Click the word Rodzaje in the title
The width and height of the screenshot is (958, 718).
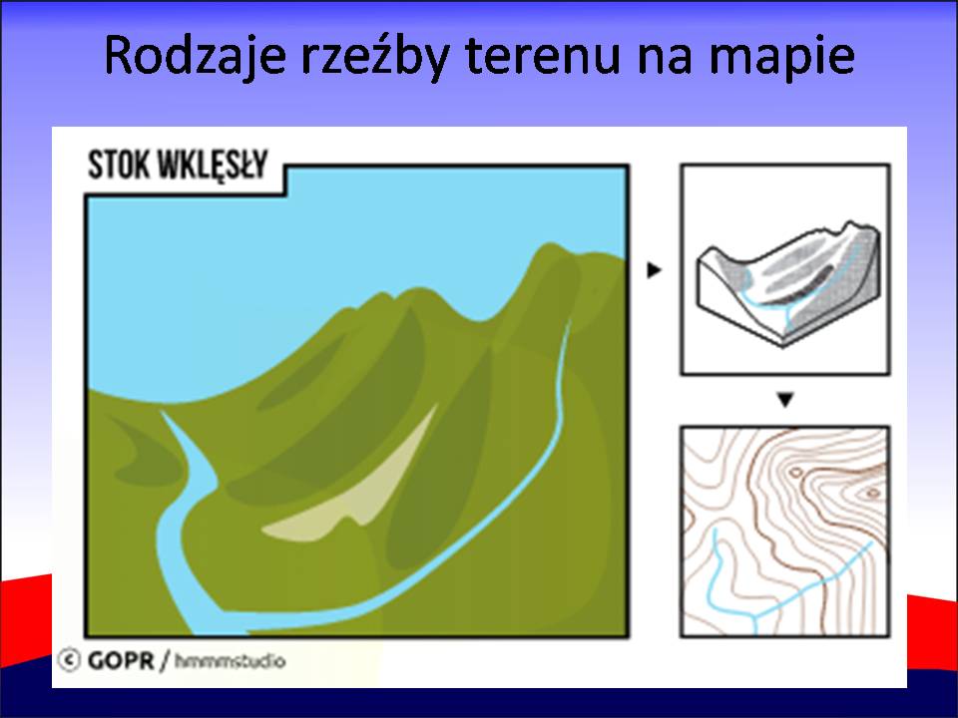(195, 56)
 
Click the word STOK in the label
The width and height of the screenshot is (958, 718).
(119, 165)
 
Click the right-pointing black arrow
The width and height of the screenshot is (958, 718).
(655, 269)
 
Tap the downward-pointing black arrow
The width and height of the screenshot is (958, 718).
(785, 400)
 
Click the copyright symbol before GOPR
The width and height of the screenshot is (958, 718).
(69, 660)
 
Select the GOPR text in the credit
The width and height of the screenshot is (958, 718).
(121, 660)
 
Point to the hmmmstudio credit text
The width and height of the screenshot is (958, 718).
(230, 660)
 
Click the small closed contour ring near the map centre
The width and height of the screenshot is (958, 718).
(795, 473)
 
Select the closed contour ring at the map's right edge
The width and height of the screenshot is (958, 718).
(871, 493)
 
